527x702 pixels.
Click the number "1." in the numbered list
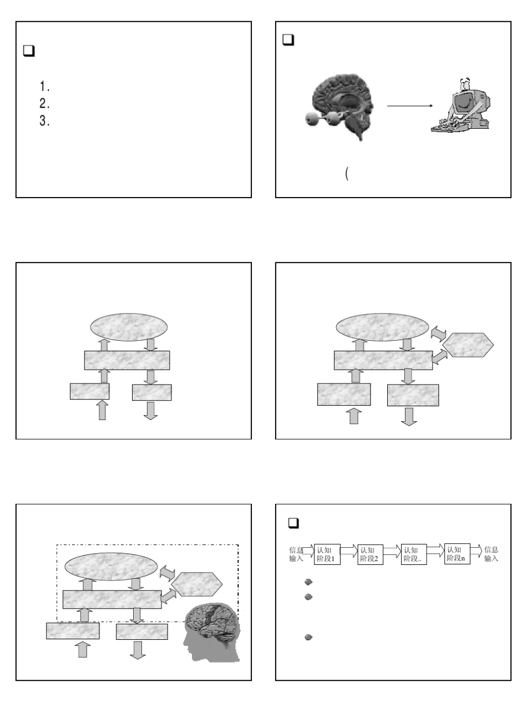click(x=45, y=86)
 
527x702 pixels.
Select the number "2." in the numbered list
click(x=45, y=103)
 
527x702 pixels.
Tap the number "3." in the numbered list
click(x=45, y=120)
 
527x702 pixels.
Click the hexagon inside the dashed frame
click(x=196, y=583)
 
